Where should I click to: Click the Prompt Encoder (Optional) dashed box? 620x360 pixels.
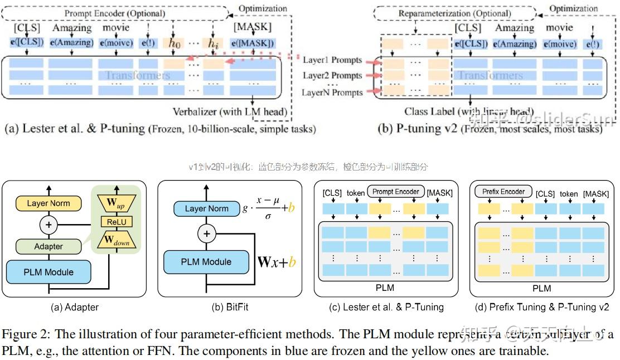[x=115, y=13]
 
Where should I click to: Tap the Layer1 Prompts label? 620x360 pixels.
[x=332, y=60]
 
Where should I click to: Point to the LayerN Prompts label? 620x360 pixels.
[x=332, y=93]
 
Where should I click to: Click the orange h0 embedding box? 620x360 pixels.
[x=175, y=43]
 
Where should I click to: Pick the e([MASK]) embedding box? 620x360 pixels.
[x=254, y=43]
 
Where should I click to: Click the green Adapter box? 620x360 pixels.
[x=49, y=246]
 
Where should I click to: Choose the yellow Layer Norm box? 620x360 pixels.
[x=49, y=203]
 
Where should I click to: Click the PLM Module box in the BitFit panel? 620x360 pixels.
[x=205, y=262]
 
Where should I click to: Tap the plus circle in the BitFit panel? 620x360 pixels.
[x=207, y=233]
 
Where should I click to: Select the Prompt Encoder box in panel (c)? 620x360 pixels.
[x=395, y=192]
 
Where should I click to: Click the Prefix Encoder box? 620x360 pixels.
[x=503, y=192]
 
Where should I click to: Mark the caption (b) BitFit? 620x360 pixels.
[x=230, y=307]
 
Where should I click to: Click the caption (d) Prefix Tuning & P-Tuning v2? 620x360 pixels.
[x=541, y=307]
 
